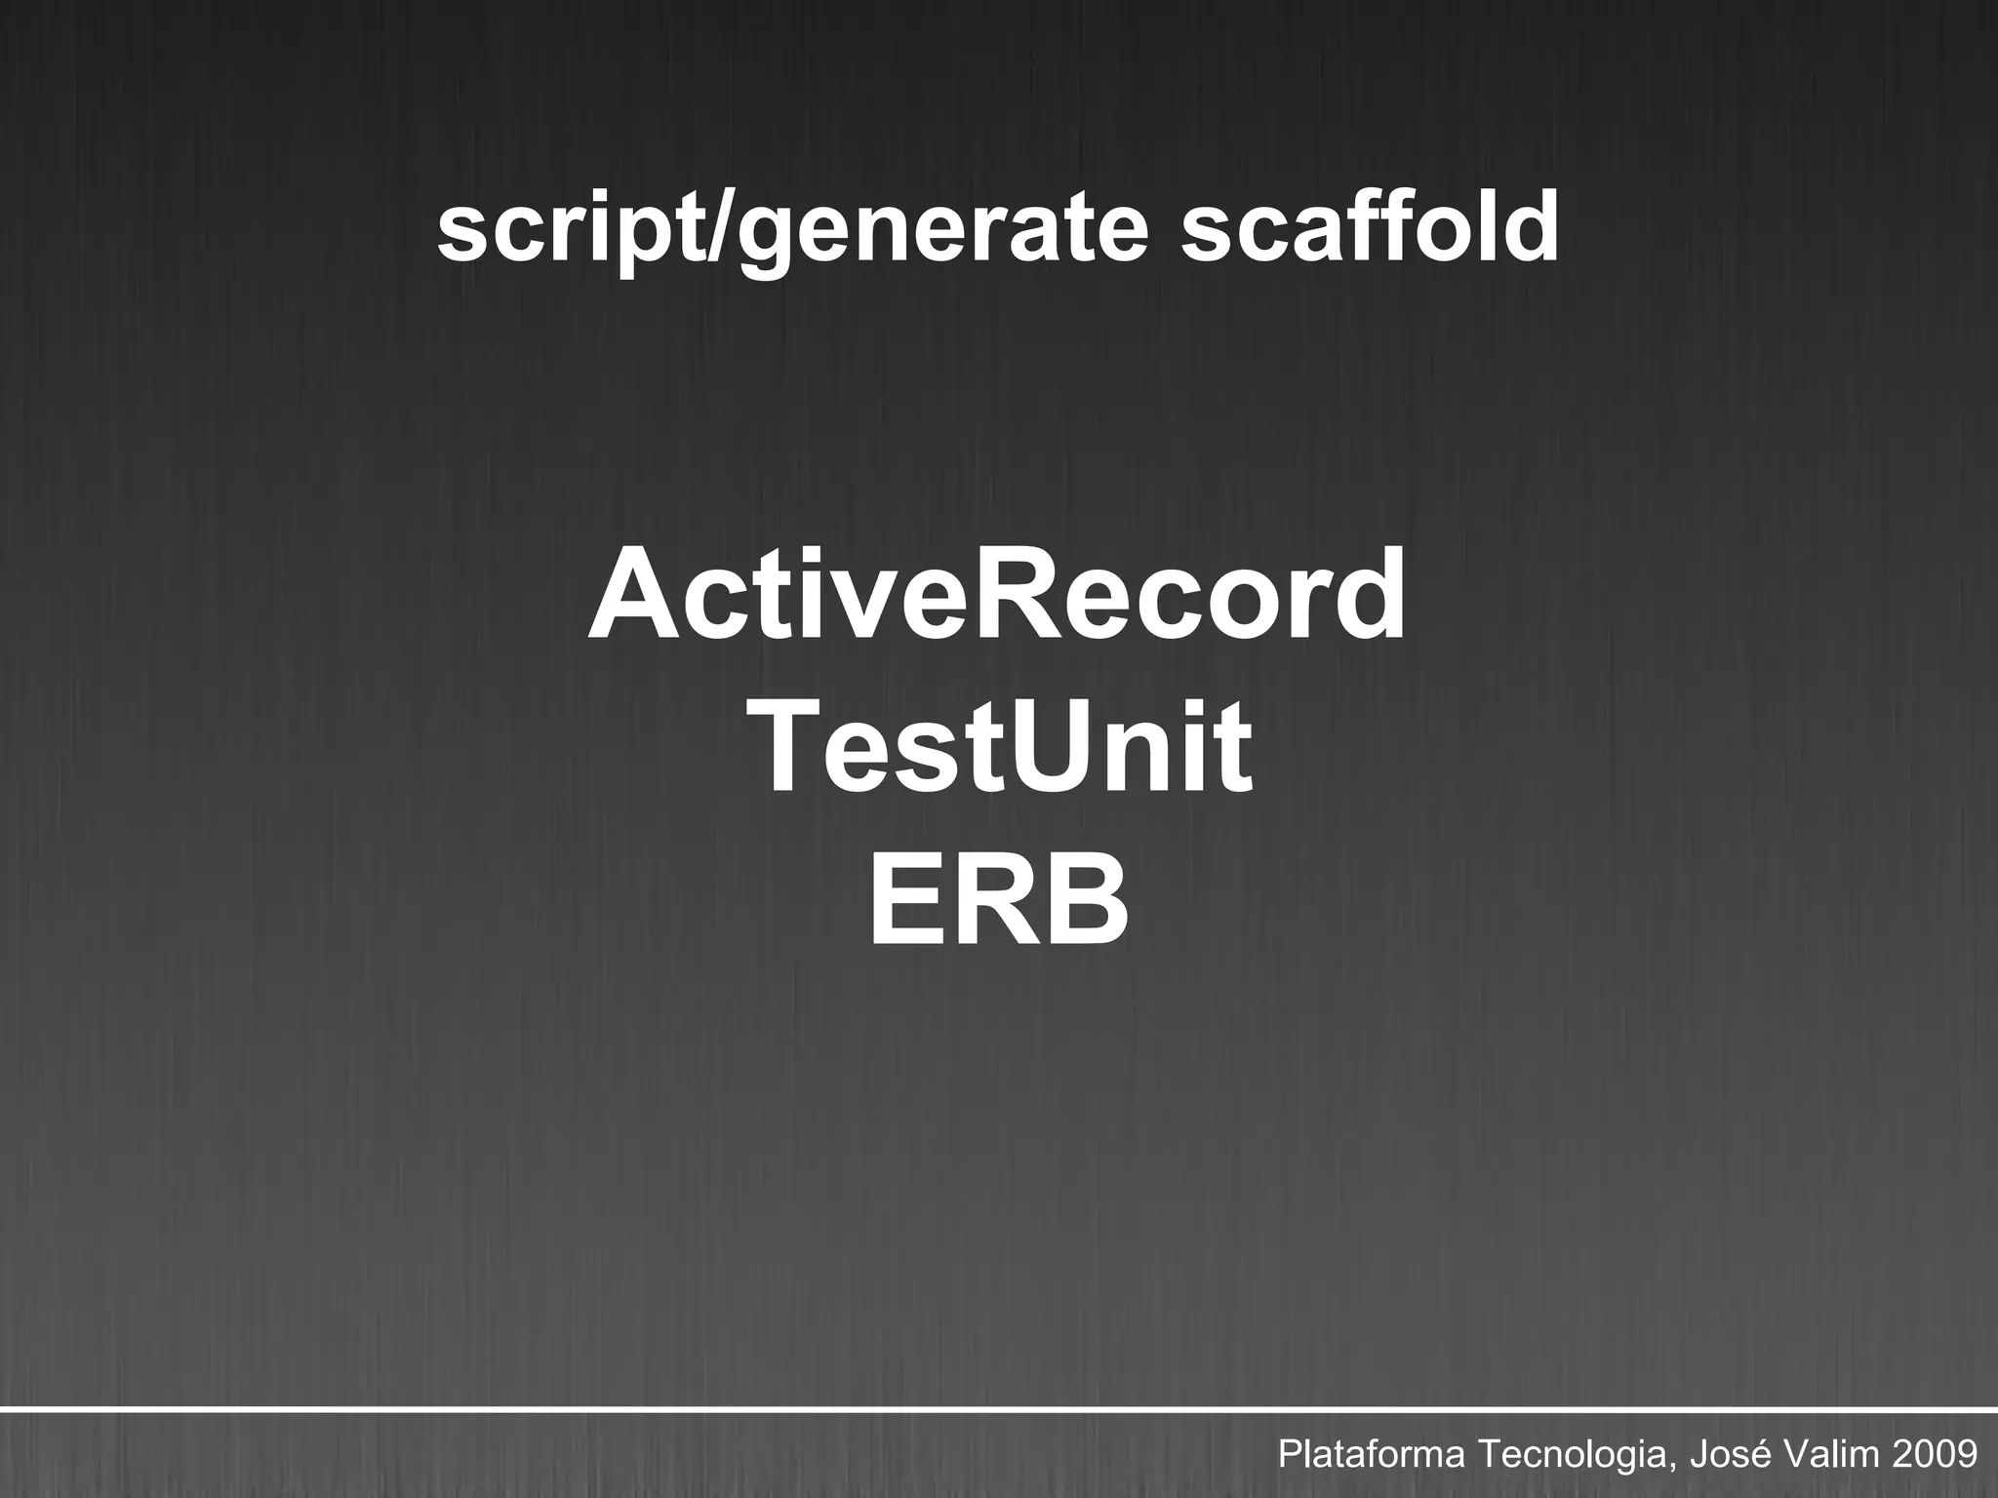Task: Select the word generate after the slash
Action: (941, 234)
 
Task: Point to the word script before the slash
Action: (573, 234)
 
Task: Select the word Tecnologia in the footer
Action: (1573, 1456)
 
